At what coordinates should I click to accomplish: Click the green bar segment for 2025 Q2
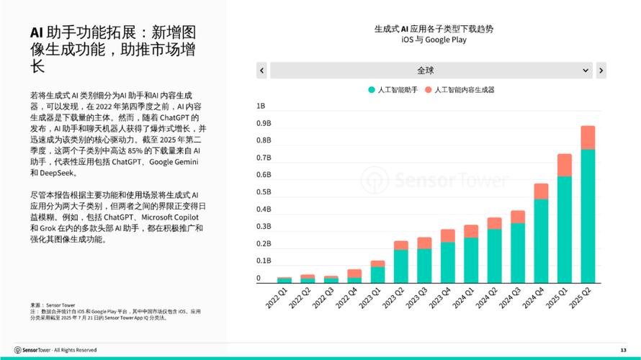click(588, 216)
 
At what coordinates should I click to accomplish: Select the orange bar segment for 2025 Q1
click(565, 165)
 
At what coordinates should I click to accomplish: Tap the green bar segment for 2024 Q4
click(541, 240)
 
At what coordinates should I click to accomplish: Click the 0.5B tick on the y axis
click(264, 192)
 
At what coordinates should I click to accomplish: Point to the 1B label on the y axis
click(261, 106)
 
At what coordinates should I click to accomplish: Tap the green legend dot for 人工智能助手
click(372, 90)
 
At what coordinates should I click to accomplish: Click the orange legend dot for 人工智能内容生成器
click(428, 90)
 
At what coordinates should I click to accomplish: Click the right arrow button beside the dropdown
click(601, 70)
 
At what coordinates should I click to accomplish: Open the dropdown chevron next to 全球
click(585, 70)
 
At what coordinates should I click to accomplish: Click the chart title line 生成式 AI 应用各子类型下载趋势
click(434, 30)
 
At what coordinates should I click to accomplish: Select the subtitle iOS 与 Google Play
click(434, 40)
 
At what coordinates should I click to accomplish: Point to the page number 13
click(623, 350)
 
